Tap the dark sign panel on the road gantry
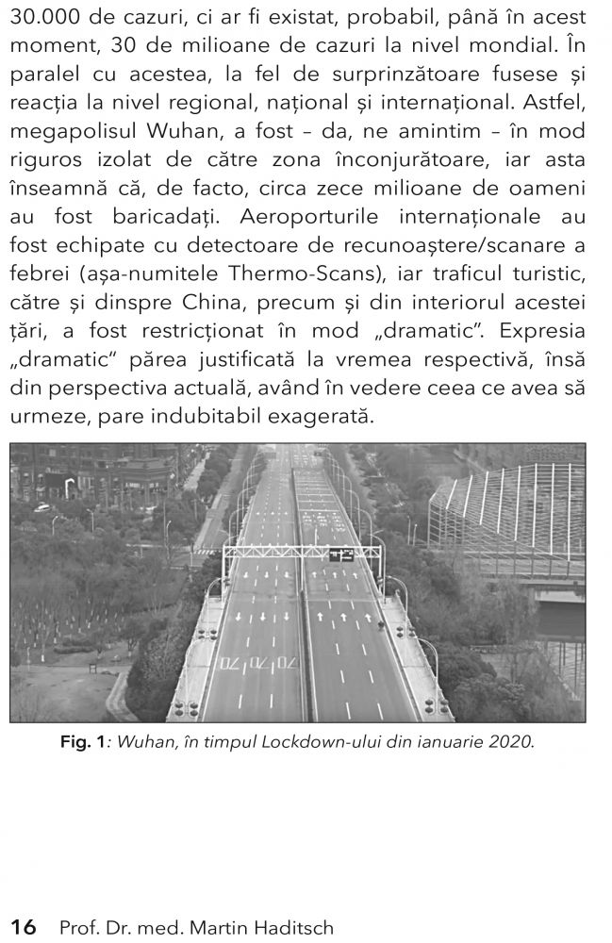point(341,555)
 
